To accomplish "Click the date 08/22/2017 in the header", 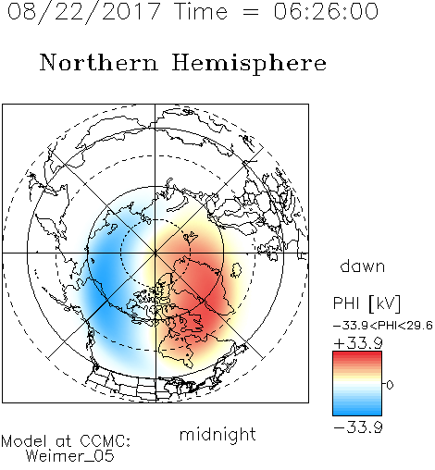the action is pyautogui.click(x=83, y=11).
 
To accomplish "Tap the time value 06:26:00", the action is pyautogui.click(x=326, y=11).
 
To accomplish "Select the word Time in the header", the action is pyautogui.click(x=201, y=11).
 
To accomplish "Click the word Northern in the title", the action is pyautogui.click(x=99, y=62).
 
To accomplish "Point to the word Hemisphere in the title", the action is pyautogui.click(x=249, y=64).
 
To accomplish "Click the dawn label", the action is pyautogui.click(x=363, y=266).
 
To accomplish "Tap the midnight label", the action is pyautogui.click(x=217, y=434).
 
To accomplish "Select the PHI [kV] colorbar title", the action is pyautogui.click(x=367, y=303).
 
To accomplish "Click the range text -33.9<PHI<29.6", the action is pyautogui.click(x=383, y=326).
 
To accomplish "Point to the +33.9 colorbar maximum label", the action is pyautogui.click(x=358, y=343).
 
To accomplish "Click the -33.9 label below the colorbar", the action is pyautogui.click(x=358, y=427).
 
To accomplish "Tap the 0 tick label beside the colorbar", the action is pyautogui.click(x=390, y=385).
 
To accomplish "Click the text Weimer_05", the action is pyautogui.click(x=69, y=456).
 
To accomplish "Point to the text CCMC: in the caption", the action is pyautogui.click(x=106, y=441).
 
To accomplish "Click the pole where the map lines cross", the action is pyautogui.click(x=155, y=253).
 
